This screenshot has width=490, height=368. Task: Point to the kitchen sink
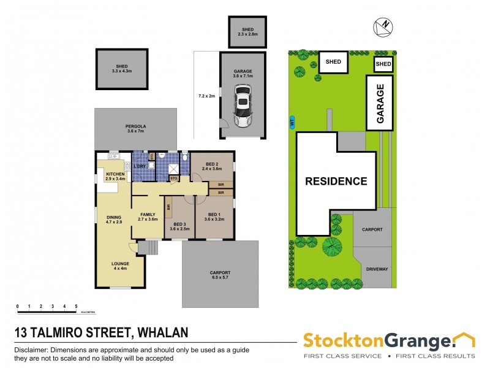(x=127, y=165)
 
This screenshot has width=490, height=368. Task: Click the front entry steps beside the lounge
(x=147, y=247)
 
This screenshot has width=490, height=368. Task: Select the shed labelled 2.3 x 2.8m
(x=247, y=31)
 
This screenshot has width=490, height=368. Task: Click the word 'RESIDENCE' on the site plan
(x=337, y=182)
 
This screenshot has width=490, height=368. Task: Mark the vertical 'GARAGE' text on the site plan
(x=380, y=103)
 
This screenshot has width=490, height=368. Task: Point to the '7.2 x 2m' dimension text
(x=207, y=96)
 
